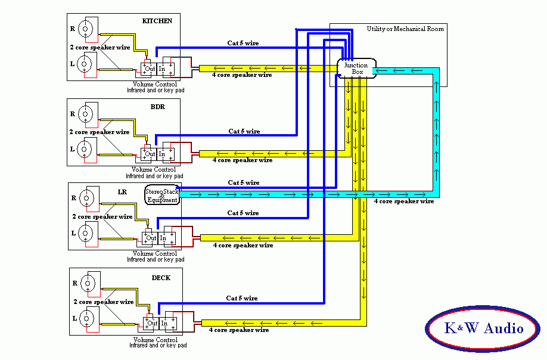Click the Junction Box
click(x=356, y=68)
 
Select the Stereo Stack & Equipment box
click(x=161, y=195)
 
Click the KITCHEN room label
click(x=157, y=21)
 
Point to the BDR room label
click(x=157, y=107)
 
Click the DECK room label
click(x=161, y=278)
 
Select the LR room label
click(x=122, y=191)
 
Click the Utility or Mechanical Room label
click(x=405, y=29)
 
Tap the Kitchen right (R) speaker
click(x=86, y=28)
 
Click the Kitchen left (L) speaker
click(x=86, y=63)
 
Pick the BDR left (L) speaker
click(x=86, y=149)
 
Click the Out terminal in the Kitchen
click(x=150, y=69)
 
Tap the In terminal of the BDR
click(x=162, y=154)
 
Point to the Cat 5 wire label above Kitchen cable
click(x=243, y=43)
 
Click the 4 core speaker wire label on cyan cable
click(x=403, y=201)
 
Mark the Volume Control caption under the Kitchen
click(x=154, y=84)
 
